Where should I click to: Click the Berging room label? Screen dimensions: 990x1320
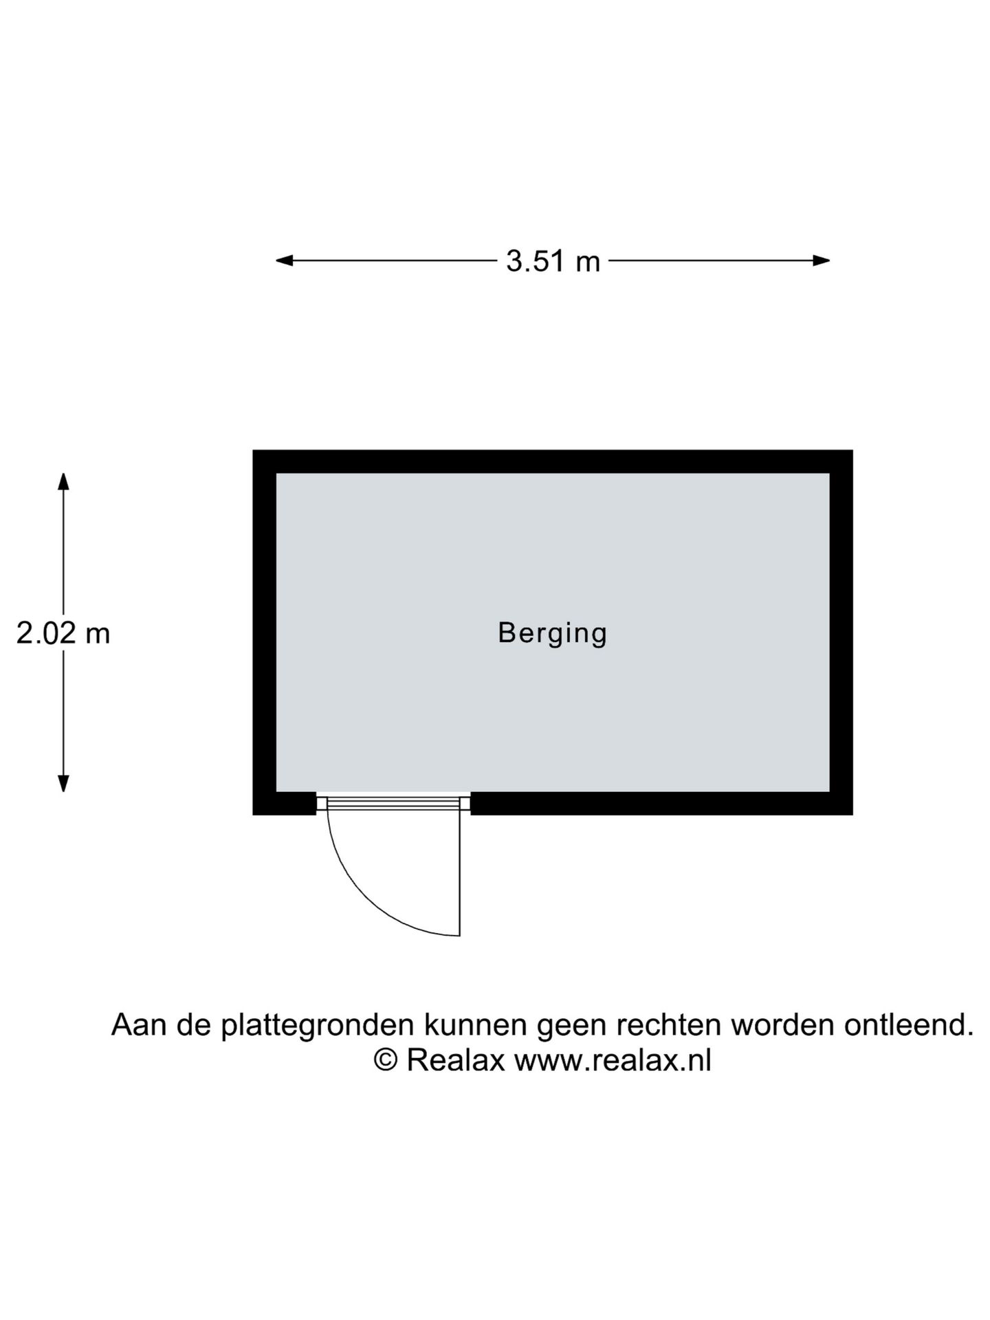click(x=553, y=633)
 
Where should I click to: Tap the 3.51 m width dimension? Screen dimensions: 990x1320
click(x=553, y=261)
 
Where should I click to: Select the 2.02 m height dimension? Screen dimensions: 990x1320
click(x=63, y=633)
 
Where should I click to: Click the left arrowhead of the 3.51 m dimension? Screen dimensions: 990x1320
click(x=285, y=261)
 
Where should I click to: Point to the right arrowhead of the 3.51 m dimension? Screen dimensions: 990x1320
click(x=822, y=261)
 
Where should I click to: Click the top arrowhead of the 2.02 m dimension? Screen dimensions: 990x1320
click(x=63, y=481)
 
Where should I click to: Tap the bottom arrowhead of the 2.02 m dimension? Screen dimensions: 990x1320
click(x=63, y=784)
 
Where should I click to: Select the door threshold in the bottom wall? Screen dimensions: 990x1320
click(x=393, y=804)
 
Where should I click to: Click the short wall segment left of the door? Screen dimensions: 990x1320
click(x=285, y=804)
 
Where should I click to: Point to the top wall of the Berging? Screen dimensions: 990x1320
click(x=553, y=461)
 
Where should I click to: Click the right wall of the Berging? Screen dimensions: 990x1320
click(x=841, y=632)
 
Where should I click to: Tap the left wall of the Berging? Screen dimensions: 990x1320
click(x=265, y=632)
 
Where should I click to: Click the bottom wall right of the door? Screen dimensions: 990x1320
click(x=661, y=804)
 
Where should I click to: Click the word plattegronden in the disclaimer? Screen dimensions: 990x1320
click(x=318, y=1026)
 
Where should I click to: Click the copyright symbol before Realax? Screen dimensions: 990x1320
click(x=386, y=1060)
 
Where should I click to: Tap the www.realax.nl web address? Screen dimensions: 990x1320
click(x=613, y=1061)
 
